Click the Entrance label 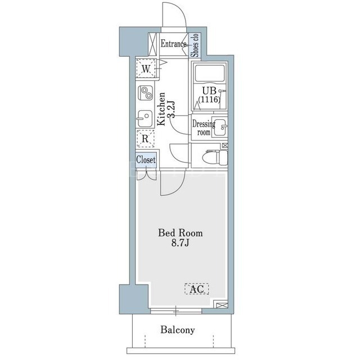[173, 44]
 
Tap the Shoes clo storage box [195, 45]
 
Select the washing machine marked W [146, 69]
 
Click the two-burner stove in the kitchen [146, 92]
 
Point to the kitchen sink [145, 118]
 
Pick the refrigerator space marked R [145, 138]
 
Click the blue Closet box [146, 160]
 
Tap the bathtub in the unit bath [209, 73]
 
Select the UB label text [209, 91]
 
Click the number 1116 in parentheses [209, 100]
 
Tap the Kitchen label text [161, 109]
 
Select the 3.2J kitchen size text [171, 109]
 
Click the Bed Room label [180, 233]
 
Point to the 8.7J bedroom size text [180, 243]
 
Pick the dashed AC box [197, 289]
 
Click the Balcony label [178, 330]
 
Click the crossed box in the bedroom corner [220, 305]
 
